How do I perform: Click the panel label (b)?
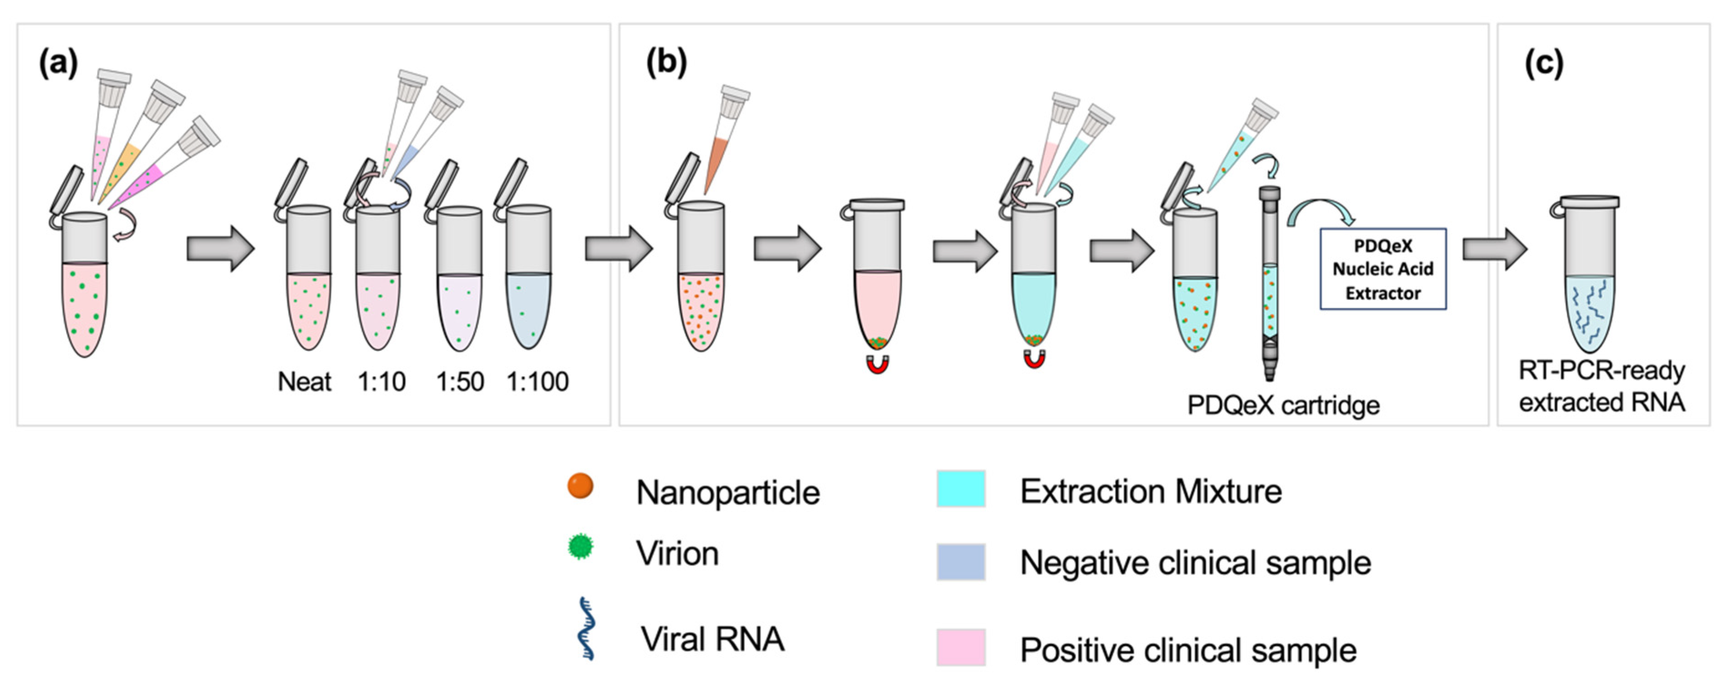(666, 63)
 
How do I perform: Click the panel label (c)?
(1544, 64)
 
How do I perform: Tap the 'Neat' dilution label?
(305, 382)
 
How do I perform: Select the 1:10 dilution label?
(381, 382)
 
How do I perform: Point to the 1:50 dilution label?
(460, 382)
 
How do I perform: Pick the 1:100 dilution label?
(538, 382)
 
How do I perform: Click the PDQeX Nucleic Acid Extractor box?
(1382, 269)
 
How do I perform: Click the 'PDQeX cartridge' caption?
(1283, 405)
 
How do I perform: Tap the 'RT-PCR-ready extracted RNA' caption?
(1601, 386)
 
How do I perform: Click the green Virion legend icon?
(580, 547)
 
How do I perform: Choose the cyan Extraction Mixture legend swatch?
(961, 489)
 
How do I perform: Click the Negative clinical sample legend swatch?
(961, 562)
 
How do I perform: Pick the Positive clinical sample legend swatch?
(961, 647)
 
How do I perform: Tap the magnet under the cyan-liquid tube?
(1034, 359)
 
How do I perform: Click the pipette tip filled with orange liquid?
(719, 161)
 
